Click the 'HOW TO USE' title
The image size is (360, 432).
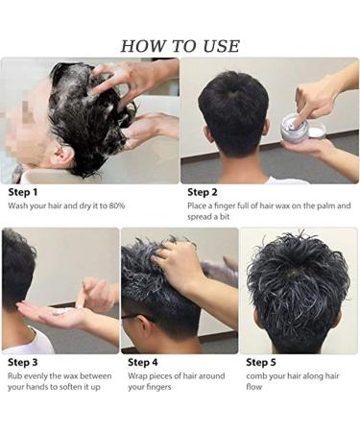180,46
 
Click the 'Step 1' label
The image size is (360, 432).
23,192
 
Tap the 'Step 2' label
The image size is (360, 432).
204,192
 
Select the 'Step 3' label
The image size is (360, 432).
23,362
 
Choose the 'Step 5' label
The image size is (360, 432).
262,362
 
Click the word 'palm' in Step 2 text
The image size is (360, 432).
327,205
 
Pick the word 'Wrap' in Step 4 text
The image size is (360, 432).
138,375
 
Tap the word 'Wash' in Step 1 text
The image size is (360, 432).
18,205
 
